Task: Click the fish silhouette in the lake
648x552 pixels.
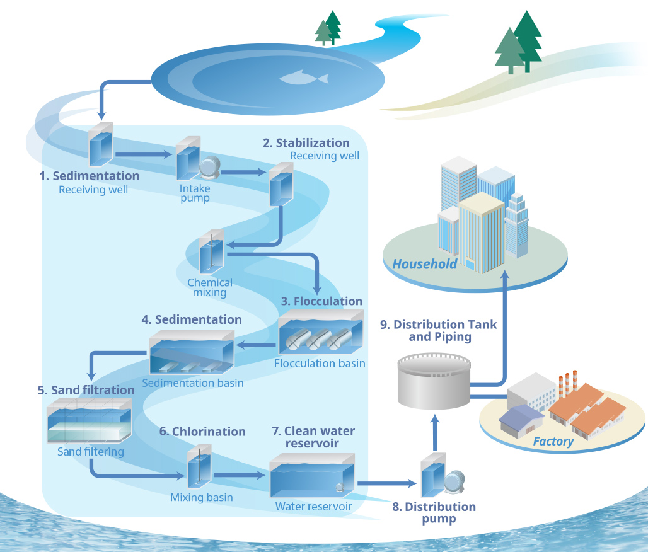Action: point(304,78)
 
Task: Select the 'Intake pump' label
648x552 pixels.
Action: point(194,193)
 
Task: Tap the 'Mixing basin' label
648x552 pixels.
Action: point(201,497)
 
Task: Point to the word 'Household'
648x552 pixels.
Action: point(424,264)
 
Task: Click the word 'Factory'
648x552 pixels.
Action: point(553,441)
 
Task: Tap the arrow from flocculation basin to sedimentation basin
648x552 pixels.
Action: point(256,345)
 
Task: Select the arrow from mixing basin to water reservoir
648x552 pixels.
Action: point(240,474)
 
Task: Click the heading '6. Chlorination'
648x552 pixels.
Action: point(202,432)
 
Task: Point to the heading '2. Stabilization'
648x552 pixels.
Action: point(306,143)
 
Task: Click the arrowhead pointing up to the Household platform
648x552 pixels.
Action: point(504,277)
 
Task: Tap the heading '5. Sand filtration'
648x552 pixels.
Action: point(86,390)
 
